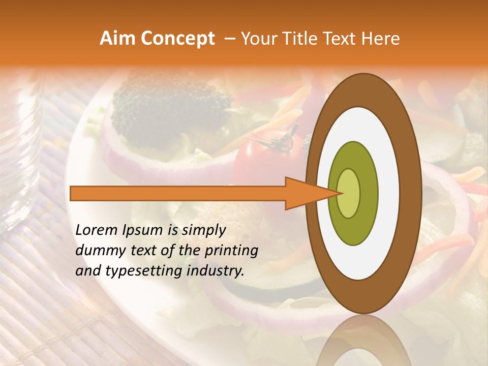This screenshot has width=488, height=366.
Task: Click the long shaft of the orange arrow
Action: click(178, 193)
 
